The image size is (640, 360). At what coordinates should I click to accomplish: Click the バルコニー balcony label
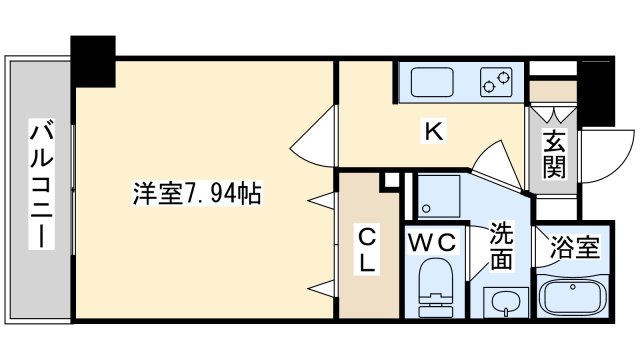pyautogui.click(x=39, y=185)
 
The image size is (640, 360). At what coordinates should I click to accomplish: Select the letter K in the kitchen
pyautogui.click(x=432, y=130)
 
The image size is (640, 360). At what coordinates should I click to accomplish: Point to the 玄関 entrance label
pyautogui.click(x=555, y=155)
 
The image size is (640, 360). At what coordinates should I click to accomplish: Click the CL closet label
pyautogui.click(x=368, y=250)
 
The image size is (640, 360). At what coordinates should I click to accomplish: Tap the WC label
pyautogui.click(x=434, y=240)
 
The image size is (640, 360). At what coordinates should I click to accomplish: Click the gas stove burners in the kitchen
pyautogui.click(x=498, y=81)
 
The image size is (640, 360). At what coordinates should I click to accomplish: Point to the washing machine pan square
pyautogui.click(x=437, y=195)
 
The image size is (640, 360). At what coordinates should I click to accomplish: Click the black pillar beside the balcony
pyautogui.click(x=93, y=60)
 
